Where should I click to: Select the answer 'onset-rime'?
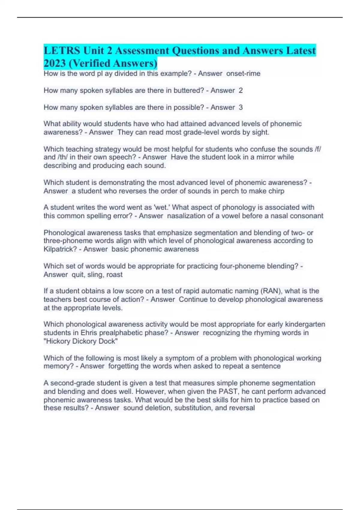(x=243, y=73)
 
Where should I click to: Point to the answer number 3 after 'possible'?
(x=241, y=107)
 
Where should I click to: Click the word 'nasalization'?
(x=187, y=216)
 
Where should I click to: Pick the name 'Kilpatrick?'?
(x=60, y=249)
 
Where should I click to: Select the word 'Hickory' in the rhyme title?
(x=57, y=341)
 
